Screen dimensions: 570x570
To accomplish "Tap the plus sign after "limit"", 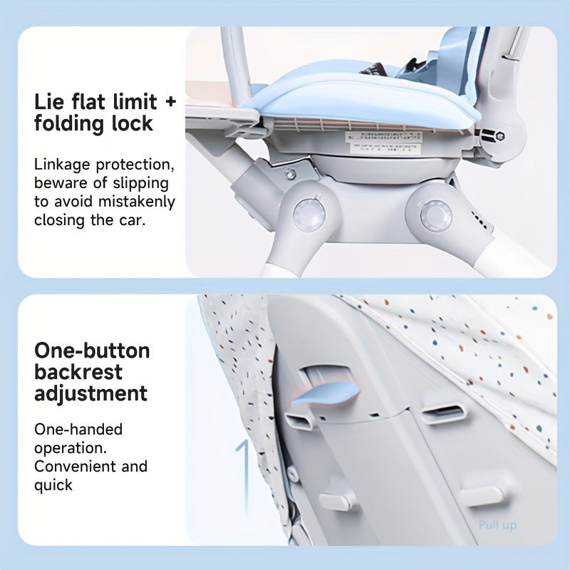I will point(169,101).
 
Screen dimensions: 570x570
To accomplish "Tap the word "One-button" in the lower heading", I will point(92,351).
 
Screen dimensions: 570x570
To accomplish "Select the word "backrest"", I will point(78,372).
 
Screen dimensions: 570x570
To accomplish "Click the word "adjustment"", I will point(90,393).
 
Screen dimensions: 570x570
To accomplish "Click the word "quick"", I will point(53,485).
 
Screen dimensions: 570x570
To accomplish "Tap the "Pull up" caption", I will point(497,526).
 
